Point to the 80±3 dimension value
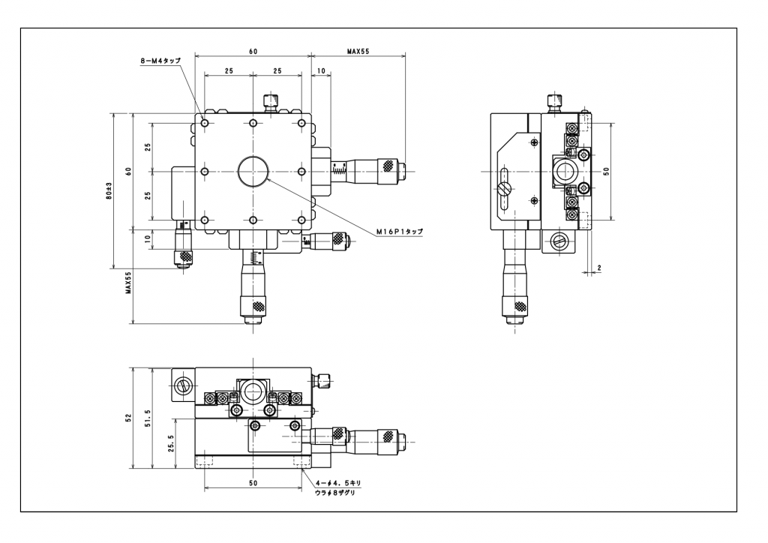pyautogui.click(x=109, y=191)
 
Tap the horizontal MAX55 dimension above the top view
pyautogui.click(x=358, y=51)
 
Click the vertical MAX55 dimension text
pyautogui.click(x=129, y=283)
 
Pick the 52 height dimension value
pyautogui.click(x=129, y=417)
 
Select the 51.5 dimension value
pyautogui.click(x=149, y=417)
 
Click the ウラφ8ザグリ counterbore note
pyautogui.click(x=335, y=493)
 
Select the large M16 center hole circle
pyautogui.click(x=253, y=171)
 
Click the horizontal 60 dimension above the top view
pyautogui.click(x=253, y=51)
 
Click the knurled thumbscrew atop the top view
pyautogui.click(x=271, y=101)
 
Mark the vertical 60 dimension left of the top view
pyautogui.click(x=129, y=171)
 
